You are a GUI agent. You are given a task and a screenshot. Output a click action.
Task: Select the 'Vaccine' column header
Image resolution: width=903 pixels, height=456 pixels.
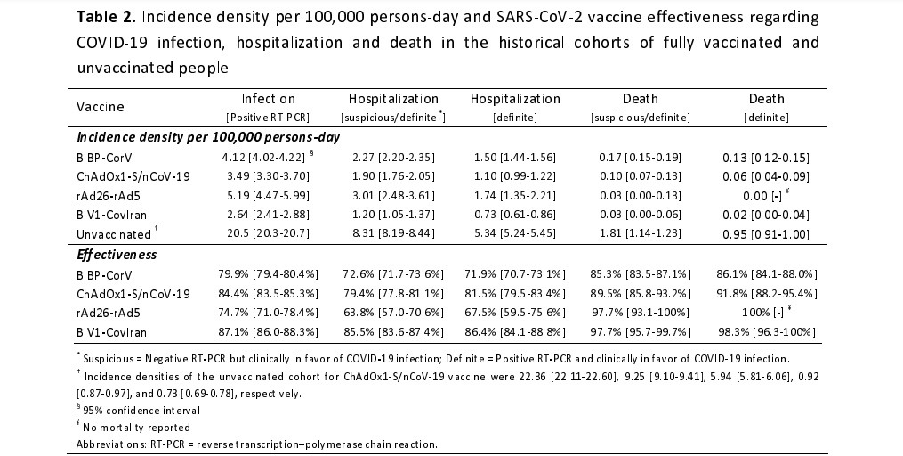(100, 107)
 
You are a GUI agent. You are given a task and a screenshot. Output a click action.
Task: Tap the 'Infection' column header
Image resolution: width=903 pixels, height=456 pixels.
(268, 99)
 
